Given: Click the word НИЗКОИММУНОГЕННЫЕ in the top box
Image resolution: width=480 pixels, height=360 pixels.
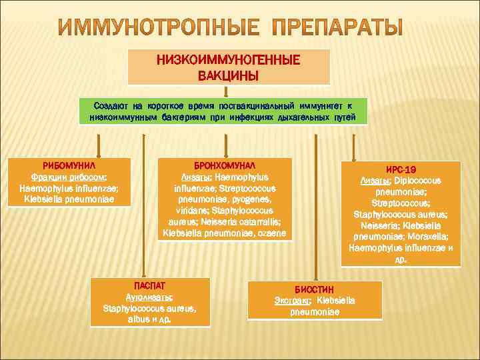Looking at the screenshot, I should (229, 60).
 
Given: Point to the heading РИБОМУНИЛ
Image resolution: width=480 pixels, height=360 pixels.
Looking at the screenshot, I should (69, 165).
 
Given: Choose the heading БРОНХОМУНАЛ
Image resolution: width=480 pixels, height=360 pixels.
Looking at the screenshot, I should (224, 165).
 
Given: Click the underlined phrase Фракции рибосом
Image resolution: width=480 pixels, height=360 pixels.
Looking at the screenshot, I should (68, 177).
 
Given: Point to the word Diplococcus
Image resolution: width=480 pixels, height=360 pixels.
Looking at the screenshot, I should (418, 181).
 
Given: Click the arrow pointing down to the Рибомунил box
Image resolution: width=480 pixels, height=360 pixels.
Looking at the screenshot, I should (99, 145).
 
